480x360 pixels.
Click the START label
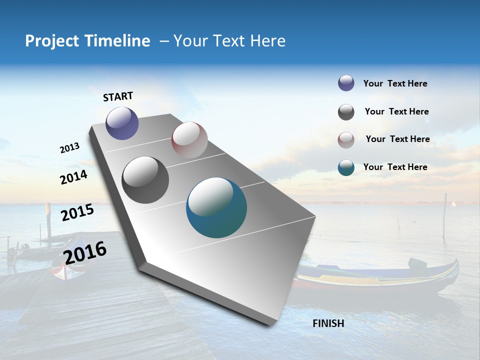[x=118, y=96]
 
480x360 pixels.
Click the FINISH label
[x=328, y=323]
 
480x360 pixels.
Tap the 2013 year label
[x=70, y=148]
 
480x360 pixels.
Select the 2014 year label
[x=74, y=177]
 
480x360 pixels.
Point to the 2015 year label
[x=77, y=212]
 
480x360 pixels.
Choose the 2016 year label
[x=85, y=252]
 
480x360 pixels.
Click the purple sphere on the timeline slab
[x=122, y=123]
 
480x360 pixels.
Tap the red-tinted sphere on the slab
[x=189, y=140]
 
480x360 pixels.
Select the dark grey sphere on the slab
[x=145, y=180]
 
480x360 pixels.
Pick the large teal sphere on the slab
[x=216, y=207]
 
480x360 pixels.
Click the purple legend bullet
[x=346, y=83]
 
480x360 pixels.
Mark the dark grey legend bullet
[x=346, y=112]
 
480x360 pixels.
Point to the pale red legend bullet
[x=346, y=140]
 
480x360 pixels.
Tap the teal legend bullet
[x=346, y=167]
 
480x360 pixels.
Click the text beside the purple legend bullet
[x=395, y=84]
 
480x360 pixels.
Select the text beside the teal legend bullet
[x=395, y=167]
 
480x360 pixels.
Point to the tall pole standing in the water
[x=444, y=215]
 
